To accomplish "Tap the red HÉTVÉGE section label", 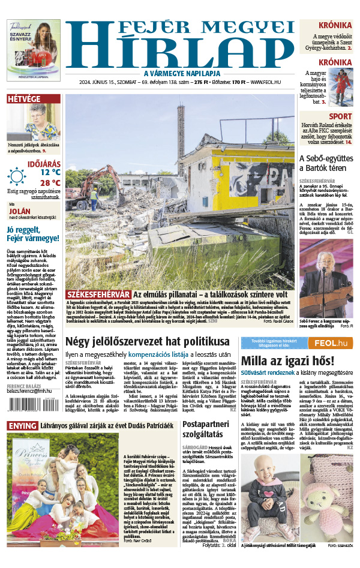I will click(x=24, y=98).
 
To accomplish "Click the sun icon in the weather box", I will click(x=17, y=176).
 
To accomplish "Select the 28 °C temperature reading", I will click(x=50, y=182).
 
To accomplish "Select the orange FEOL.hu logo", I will click(x=328, y=343).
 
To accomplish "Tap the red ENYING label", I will click(x=22, y=425).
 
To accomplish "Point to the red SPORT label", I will click(x=340, y=116).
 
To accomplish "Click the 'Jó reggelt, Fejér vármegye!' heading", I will click(x=33, y=233).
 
